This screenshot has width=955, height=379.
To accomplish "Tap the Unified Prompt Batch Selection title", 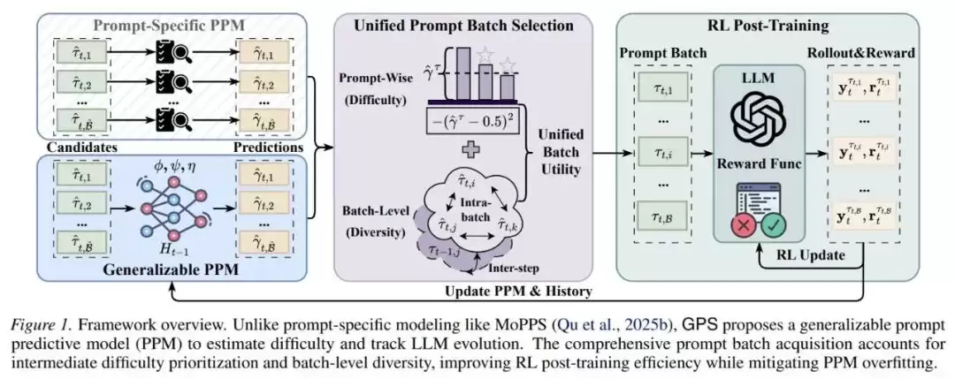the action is (463, 26).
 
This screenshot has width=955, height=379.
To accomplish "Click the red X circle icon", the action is (743, 225).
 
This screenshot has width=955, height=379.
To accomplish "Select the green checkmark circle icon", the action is (774, 225).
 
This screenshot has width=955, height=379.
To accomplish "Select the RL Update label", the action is (811, 255).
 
